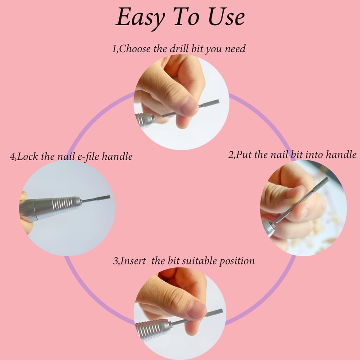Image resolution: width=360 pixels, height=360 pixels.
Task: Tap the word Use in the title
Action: click(x=226, y=17)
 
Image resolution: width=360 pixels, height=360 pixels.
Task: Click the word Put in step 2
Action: click(x=243, y=154)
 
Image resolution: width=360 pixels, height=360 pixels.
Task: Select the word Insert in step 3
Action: click(x=133, y=261)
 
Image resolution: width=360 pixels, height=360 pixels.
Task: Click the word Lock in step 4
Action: click(x=27, y=157)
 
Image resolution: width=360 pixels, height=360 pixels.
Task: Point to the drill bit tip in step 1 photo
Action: click(x=218, y=101)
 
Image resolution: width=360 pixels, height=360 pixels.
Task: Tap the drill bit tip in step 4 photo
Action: click(x=109, y=197)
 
